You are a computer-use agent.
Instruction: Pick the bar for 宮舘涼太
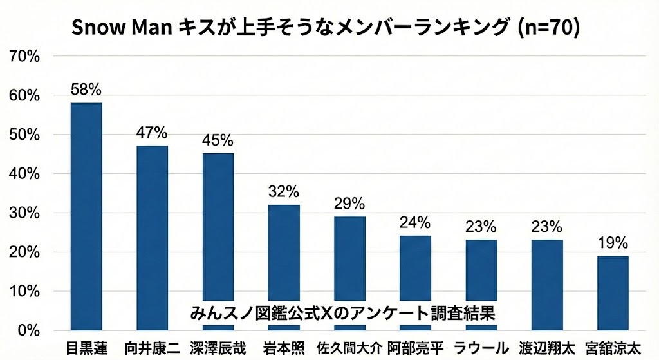[x=613, y=292]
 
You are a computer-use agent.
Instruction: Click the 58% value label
[x=86, y=90]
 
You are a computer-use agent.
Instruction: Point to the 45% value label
[x=218, y=140]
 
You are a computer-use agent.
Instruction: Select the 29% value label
[x=349, y=204]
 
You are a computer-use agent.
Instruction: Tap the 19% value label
[x=613, y=243]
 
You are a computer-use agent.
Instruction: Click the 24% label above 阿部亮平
[x=415, y=223]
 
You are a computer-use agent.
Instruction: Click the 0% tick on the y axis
[x=29, y=330]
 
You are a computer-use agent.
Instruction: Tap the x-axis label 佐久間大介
[x=349, y=348]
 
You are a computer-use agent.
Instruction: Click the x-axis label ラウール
[x=481, y=348]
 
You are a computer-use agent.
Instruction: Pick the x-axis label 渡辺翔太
[x=547, y=348]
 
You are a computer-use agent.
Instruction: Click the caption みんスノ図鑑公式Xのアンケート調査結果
[x=342, y=313]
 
